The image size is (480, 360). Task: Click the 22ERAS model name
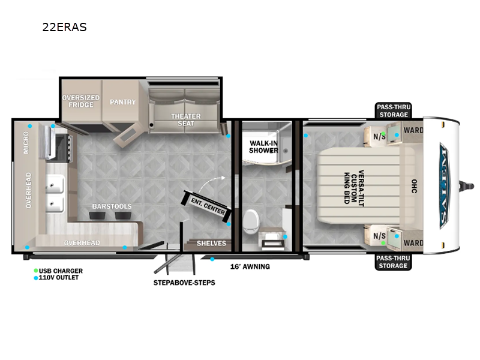65,27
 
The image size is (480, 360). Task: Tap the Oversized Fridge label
81,101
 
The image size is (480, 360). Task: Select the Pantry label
123,102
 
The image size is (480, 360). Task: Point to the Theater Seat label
186,119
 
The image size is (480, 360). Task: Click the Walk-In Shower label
263,146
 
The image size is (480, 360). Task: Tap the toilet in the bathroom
251,221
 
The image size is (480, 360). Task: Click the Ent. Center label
208,206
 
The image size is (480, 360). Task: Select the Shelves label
211,244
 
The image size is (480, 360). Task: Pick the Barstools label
112,206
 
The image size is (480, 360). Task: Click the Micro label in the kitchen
26,143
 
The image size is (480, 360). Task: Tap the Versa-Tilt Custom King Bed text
354,188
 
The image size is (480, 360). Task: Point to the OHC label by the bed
414,187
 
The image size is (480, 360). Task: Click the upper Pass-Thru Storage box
394,110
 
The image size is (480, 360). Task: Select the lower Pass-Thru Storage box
393,262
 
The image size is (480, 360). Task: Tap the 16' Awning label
250,266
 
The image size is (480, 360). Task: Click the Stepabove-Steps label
184,283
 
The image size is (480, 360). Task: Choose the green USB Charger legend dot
36,271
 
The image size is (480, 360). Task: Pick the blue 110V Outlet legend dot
36,278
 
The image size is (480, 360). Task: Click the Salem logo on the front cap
444,186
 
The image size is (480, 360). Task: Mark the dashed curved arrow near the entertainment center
212,182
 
